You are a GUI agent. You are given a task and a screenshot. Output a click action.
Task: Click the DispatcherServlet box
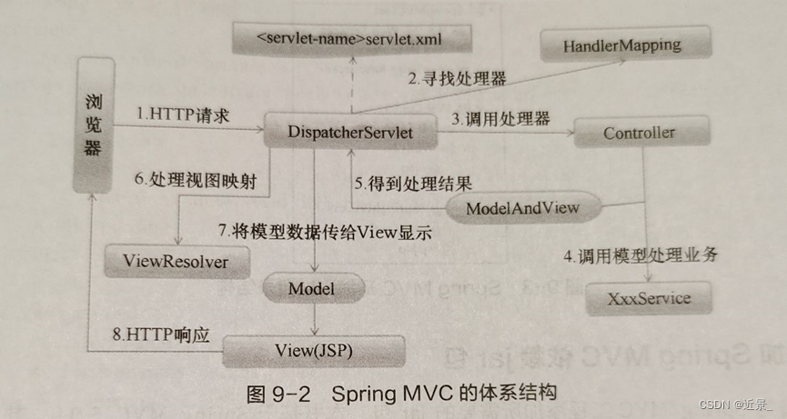click(x=349, y=133)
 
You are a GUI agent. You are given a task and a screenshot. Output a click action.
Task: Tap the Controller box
click(x=639, y=133)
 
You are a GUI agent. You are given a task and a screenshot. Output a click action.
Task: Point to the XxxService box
click(x=650, y=297)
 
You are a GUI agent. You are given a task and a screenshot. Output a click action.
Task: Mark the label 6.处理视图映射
click(x=194, y=180)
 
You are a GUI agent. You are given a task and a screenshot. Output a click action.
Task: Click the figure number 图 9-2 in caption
click(x=274, y=394)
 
